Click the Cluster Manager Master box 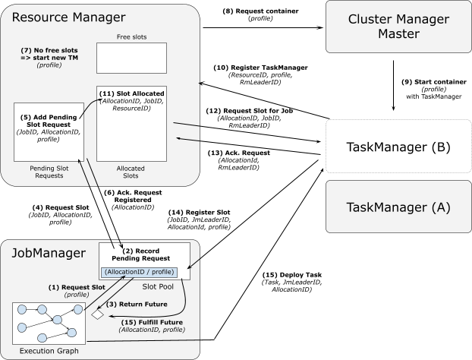[x=398, y=27]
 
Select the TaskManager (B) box [x=398, y=147]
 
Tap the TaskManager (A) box [x=398, y=207]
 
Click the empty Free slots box [x=131, y=58]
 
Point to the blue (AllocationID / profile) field [x=139, y=272]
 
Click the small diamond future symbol [x=98, y=314]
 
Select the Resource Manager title [x=68, y=17]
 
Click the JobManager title [x=49, y=253]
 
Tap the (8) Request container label [x=260, y=11]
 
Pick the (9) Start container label [x=434, y=82]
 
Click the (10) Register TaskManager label [x=260, y=68]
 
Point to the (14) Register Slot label [x=199, y=213]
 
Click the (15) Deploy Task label [x=292, y=275]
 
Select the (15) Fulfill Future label [x=152, y=322]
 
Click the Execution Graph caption [x=49, y=351]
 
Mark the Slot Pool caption [x=158, y=286]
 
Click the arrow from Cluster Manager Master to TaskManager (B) [x=393, y=86]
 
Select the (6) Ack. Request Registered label [x=133, y=196]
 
